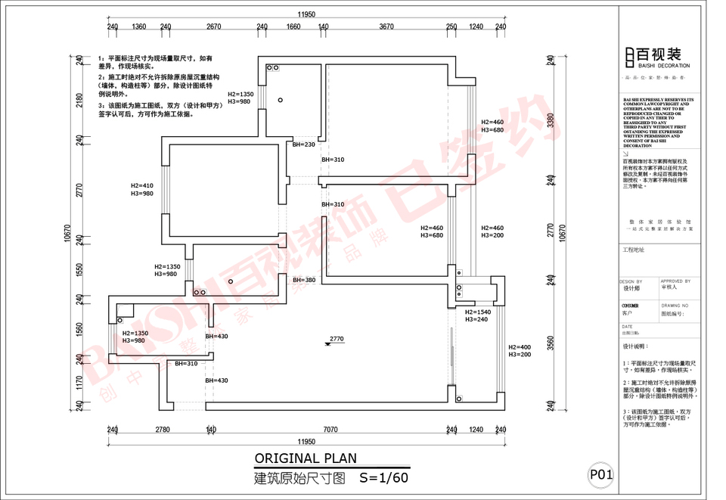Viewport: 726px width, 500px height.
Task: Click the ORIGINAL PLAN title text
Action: pyautogui.click(x=305, y=458)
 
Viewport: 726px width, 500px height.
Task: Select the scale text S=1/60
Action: pyautogui.click(x=384, y=477)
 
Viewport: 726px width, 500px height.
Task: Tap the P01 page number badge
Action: pyautogui.click(x=602, y=474)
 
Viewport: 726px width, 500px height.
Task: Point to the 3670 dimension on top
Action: pyautogui.click(x=386, y=26)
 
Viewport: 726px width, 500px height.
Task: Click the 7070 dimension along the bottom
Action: pyautogui.click(x=330, y=430)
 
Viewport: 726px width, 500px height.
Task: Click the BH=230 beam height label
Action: pyautogui.click(x=303, y=144)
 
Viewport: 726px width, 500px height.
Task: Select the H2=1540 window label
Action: pyautogui.click(x=478, y=312)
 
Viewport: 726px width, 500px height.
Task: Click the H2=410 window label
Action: pyautogui.click(x=141, y=185)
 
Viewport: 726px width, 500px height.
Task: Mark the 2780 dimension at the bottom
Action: pyautogui.click(x=162, y=430)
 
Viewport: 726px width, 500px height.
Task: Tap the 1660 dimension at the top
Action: pyautogui.click(x=293, y=26)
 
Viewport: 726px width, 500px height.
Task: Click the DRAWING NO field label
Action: pyautogui.click(x=676, y=305)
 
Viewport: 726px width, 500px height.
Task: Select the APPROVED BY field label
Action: pyautogui.click(x=676, y=281)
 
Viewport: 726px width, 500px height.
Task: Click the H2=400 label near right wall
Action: pyautogui.click(x=520, y=347)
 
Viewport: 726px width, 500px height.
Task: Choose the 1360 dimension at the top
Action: pyautogui.click(x=139, y=26)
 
